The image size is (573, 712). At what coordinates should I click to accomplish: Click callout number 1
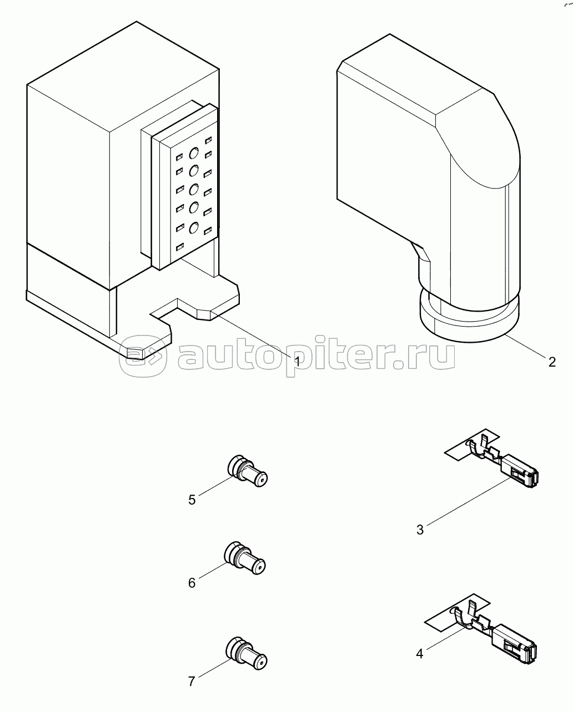(298, 362)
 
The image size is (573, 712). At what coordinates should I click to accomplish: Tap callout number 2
(552, 362)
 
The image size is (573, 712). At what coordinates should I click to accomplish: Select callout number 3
(420, 530)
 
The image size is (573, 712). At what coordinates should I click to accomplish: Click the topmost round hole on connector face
(194, 153)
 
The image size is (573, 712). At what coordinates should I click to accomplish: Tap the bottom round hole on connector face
(194, 228)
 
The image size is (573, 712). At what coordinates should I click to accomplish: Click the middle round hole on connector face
(194, 190)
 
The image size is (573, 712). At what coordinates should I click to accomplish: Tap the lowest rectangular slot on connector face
(180, 247)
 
